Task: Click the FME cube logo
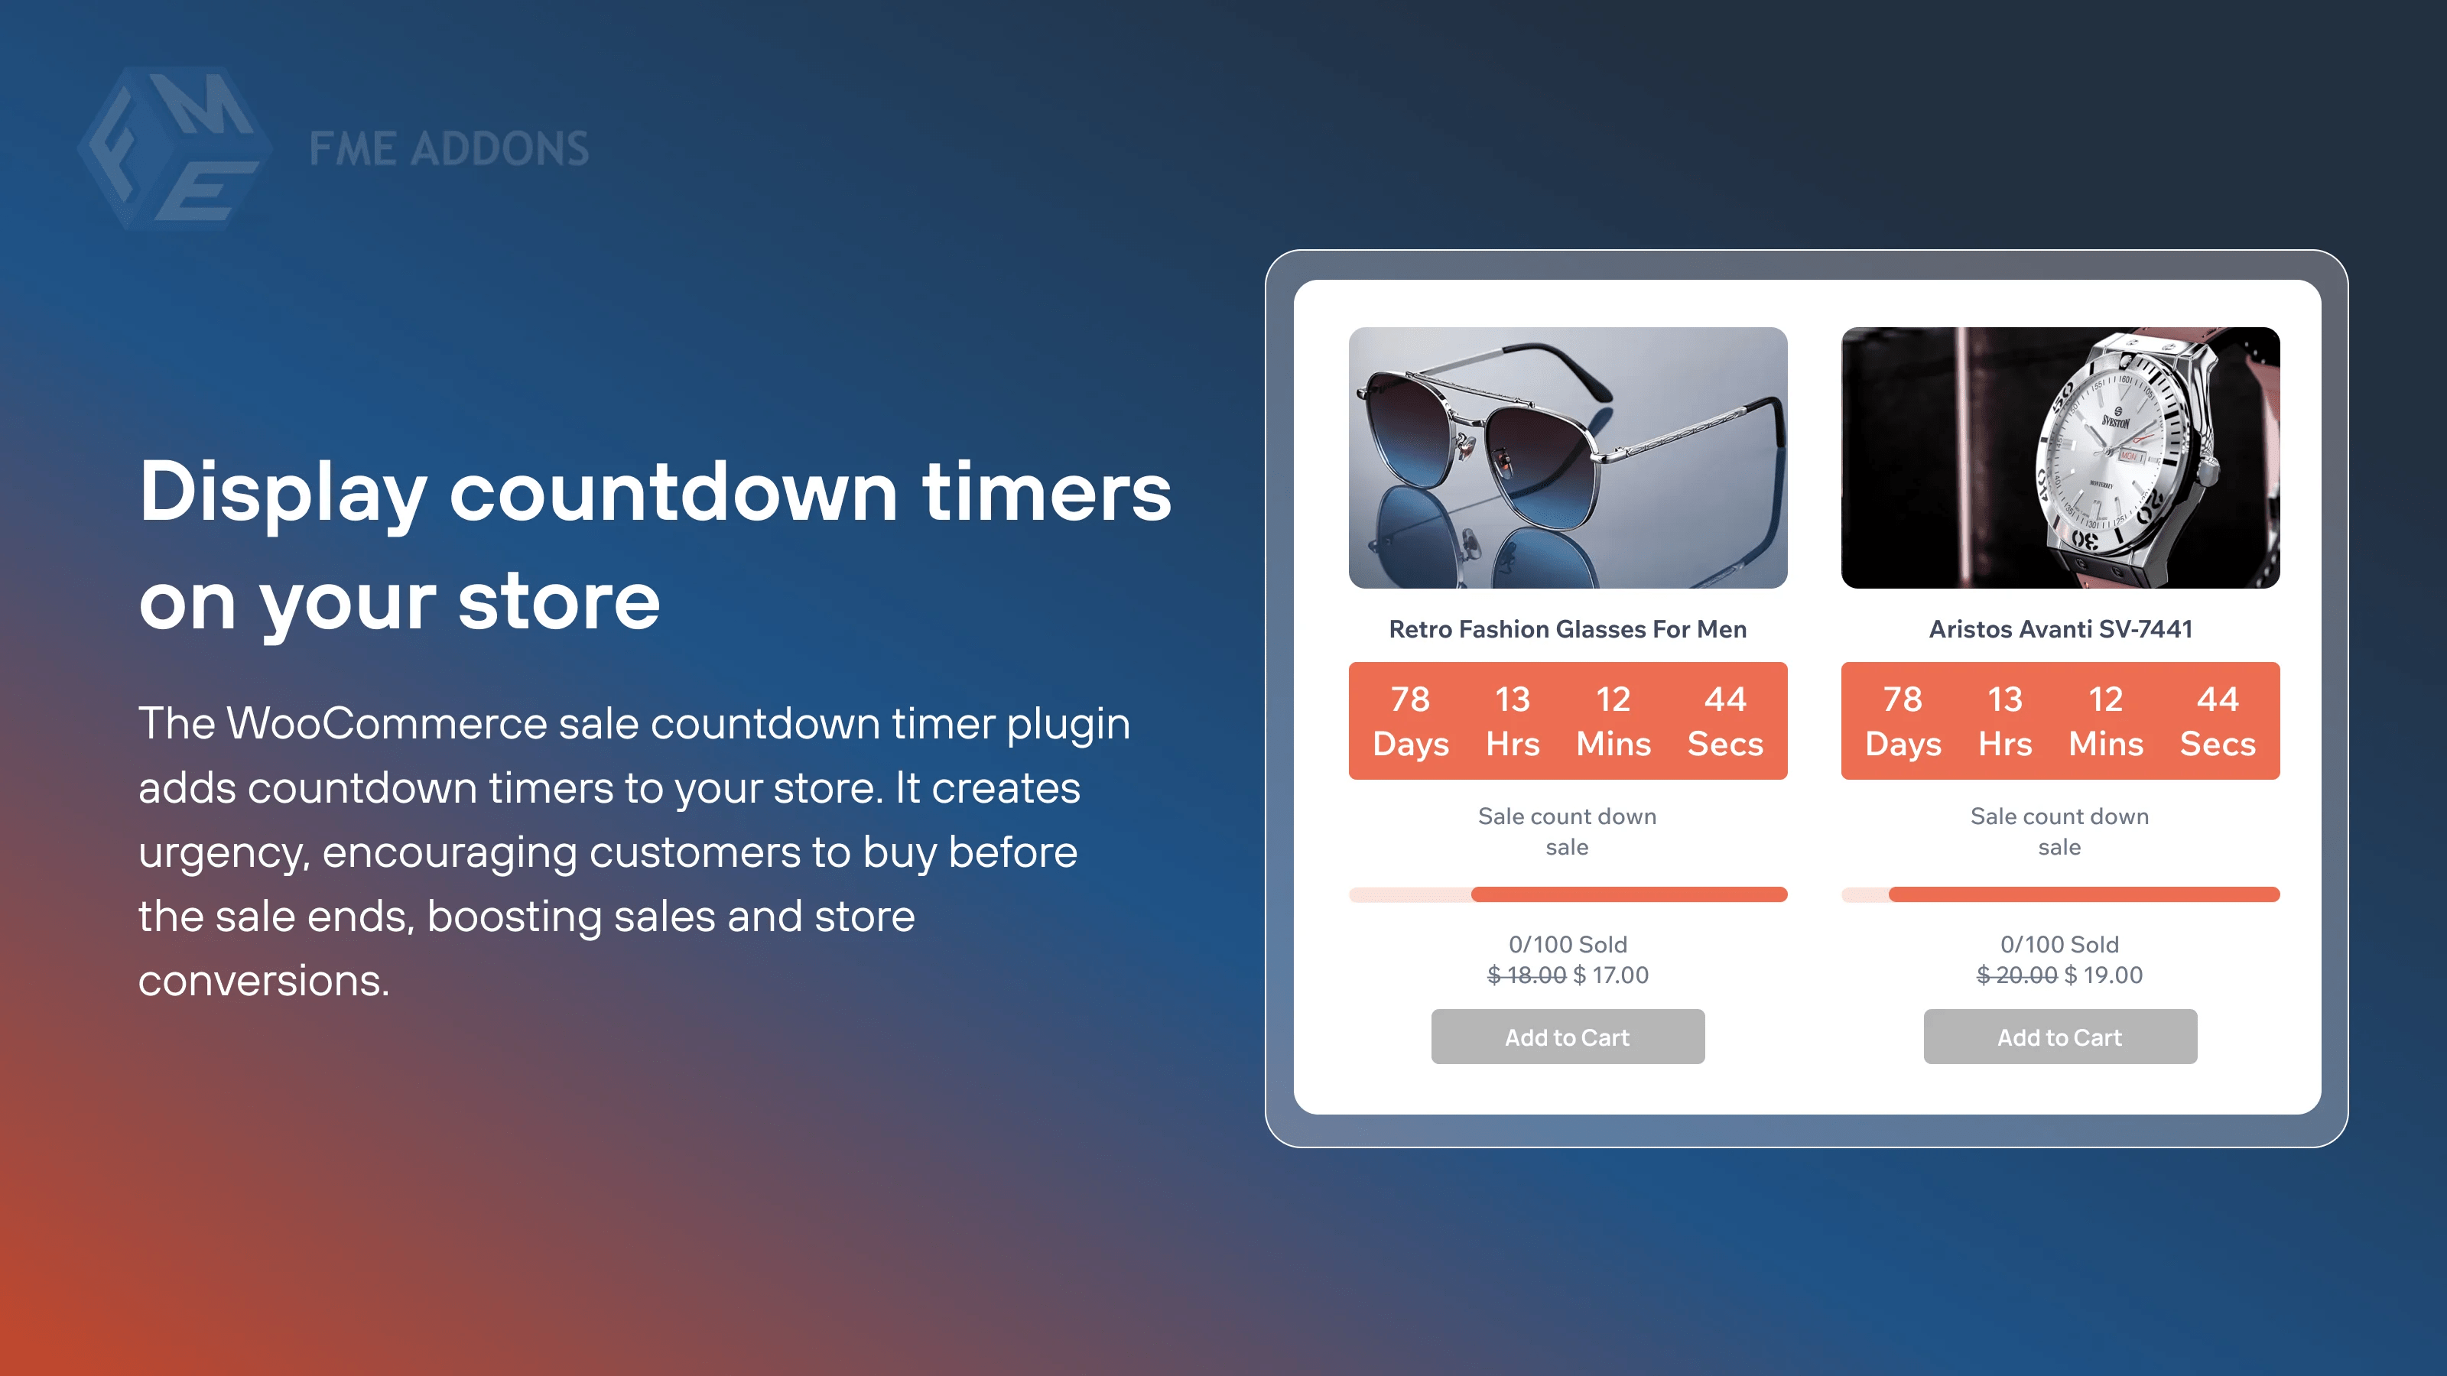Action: [174, 148]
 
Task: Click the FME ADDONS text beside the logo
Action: [448, 149]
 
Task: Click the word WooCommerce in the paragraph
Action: [387, 724]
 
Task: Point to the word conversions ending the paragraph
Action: [263, 980]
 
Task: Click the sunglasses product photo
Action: [1568, 458]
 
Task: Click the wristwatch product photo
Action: [2059, 458]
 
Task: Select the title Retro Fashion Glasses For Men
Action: [1568, 628]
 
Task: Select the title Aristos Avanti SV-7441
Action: [2059, 628]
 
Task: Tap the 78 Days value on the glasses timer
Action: [1411, 721]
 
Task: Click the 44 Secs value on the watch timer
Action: [2217, 721]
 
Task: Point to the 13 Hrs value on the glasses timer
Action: [1513, 721]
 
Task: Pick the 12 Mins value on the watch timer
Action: [2106, 721]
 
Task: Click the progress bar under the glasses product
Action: [1568, 894]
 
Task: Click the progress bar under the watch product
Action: [2059, 894]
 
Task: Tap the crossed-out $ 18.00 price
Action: [1526, 975]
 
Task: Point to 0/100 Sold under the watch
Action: [2059, 944]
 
